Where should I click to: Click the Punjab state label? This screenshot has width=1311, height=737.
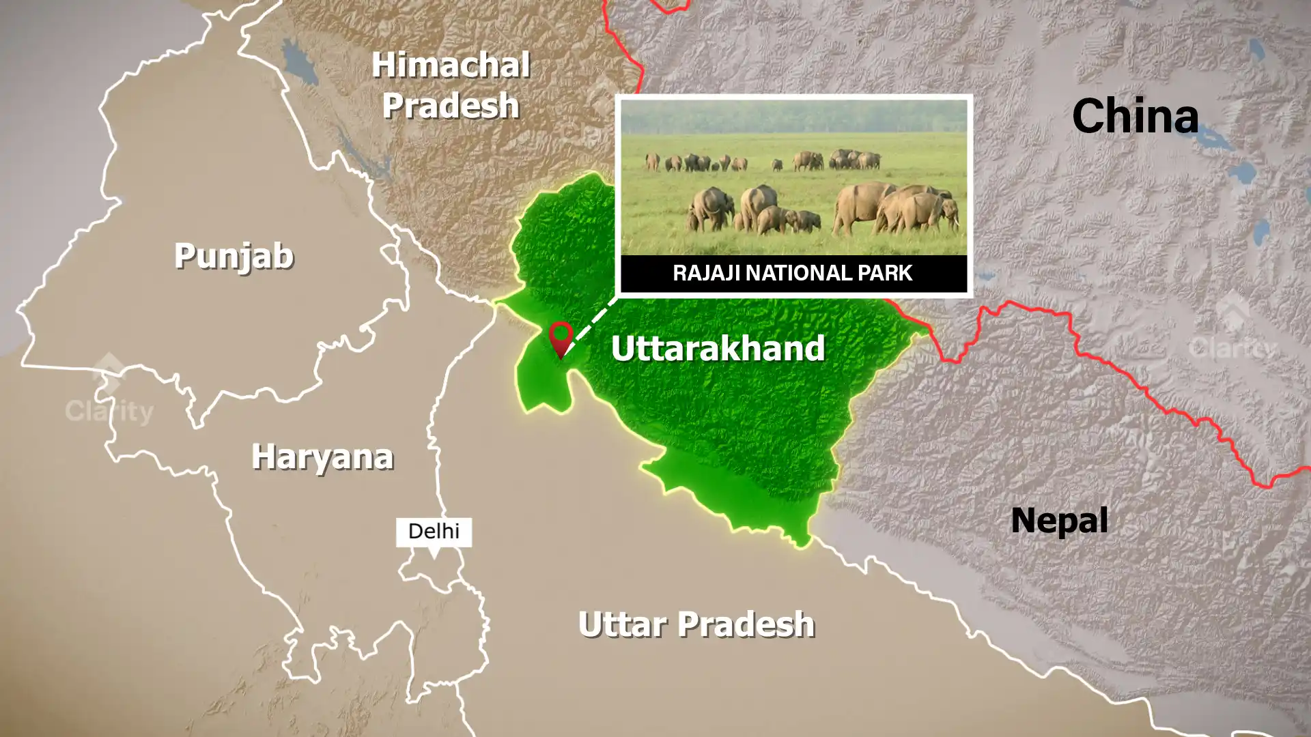(234, 256)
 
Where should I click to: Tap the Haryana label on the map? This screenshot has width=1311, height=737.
(322, 457)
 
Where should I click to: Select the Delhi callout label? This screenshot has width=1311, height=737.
(434, 531)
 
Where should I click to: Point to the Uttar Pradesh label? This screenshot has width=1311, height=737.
(696, 624)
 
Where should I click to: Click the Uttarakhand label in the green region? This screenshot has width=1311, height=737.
(718, 347)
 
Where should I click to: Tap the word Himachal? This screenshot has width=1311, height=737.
(451, 66)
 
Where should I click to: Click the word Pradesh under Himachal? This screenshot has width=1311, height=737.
(451, 106)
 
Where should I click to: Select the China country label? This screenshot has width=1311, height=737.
(1135, 115)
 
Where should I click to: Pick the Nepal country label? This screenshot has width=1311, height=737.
(1059, 520)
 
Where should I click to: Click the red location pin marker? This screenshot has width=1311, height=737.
(561, 337)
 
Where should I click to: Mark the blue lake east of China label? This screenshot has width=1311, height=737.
(1255, 48)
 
